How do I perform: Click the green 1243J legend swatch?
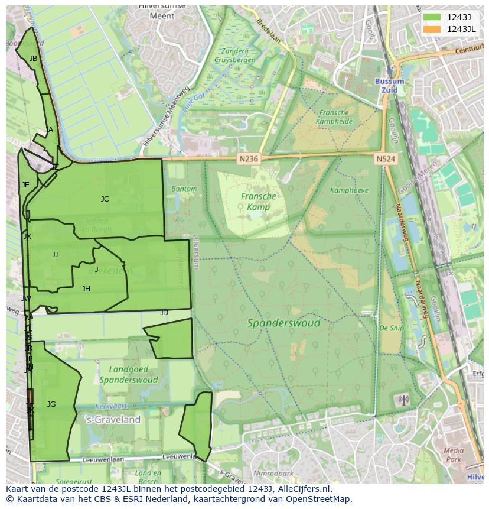click(x=432, y=17)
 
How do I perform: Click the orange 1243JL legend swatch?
click(x=432, y=29)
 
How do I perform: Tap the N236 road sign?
click(x=249, y=159)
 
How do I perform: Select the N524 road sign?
click(x=385, y=159)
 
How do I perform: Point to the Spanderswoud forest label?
click(x=283, y=323)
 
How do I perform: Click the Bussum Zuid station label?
click(x=389, y=85)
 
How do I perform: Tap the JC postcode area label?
click(x=105, y=199)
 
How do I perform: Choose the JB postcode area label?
click(x=33, y=59)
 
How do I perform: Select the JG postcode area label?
click(x=51, y=404)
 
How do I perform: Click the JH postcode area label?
click(x=86, y=289)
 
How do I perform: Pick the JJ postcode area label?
click(x=55, y=255)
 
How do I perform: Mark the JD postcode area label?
click(x=164, y=313)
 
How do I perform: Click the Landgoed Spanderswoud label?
click(x=128, y=374)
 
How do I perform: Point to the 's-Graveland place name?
click(x=113, y=420)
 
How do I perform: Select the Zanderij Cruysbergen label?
click(x=235, y=56)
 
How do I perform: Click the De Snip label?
click(x=391, y=328)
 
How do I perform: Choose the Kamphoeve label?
click(x=349, y=190)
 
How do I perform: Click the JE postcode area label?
click(x=25, y=185)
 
